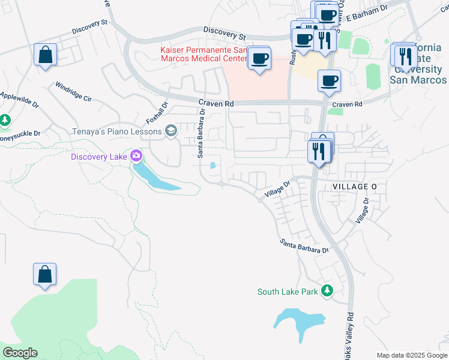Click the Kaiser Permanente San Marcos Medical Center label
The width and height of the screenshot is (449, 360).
click(203, 54)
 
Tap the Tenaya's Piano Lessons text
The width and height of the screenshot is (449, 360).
click(118, 131)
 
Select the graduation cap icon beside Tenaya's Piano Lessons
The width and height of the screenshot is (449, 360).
click(171, 131)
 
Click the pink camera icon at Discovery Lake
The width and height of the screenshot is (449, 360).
click(136, 157)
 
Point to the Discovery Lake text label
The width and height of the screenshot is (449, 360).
click(99, 157)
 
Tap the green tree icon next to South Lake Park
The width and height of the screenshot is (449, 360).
click(327, 292)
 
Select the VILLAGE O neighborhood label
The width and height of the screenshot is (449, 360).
click(354, 187)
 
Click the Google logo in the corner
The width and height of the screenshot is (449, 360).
click(20, 353)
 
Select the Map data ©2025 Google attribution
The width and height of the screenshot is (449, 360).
click(411, 355)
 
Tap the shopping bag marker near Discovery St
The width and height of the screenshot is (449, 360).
click(45, 55)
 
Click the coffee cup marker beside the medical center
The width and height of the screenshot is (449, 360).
click(259, 58)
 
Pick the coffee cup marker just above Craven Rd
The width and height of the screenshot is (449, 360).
click(328, 81)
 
